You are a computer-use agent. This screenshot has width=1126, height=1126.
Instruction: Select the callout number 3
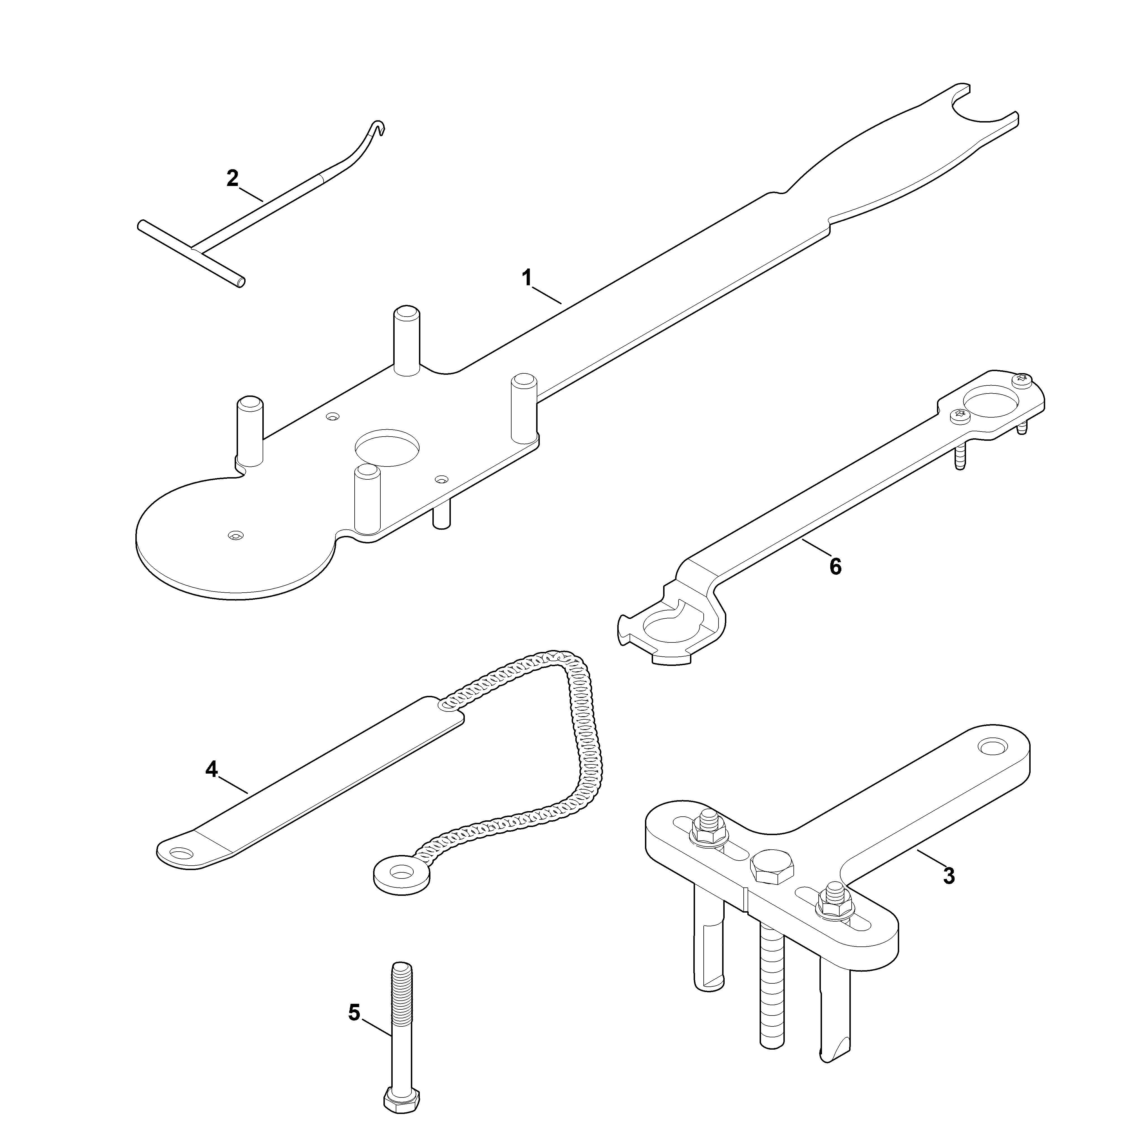click(x=949, y=892)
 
